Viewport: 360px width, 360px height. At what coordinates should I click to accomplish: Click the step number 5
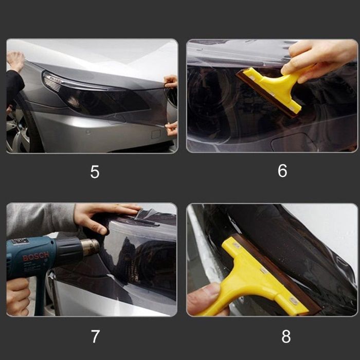[x=95, y=172]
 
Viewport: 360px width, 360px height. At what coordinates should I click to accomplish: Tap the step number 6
[x=282, y=171]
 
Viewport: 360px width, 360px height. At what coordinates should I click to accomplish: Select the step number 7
[x=95, y=336]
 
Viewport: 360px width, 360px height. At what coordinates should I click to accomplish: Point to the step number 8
[x=286, y=336]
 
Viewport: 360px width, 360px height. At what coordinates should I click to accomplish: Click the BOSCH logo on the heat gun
[x=36, y=256]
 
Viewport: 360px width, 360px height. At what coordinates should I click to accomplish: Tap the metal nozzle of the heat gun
[x=91, y=247]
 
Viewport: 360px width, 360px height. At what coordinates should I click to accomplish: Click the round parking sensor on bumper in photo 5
[x=88, y=132]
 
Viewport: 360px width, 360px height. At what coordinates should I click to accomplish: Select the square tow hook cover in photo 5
[x=156, y=134]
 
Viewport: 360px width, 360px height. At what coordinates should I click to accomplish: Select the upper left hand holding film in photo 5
[x=15, y=60]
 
